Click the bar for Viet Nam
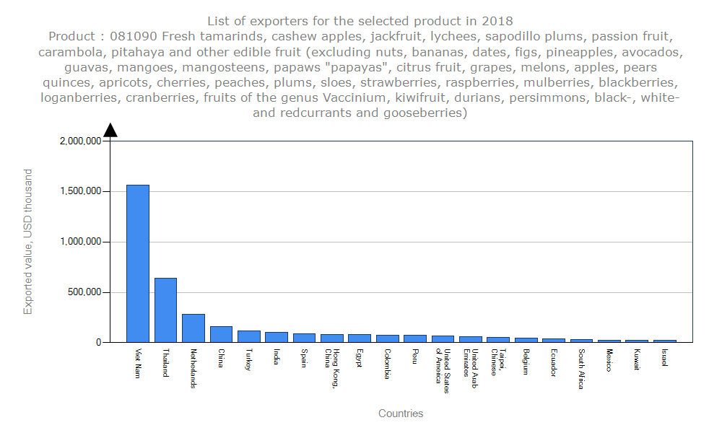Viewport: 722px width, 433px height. click(138, 263)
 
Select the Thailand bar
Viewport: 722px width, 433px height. click(165, 310)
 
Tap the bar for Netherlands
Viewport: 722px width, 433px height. click(193, 328)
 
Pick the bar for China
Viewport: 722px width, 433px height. click(221, 334)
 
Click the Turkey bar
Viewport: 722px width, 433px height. click(249, 336)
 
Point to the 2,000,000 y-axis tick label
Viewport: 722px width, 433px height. click(79, 141)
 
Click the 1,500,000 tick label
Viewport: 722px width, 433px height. click(79, 192)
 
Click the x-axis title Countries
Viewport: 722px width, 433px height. click(401, 414)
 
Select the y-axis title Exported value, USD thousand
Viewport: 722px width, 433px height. click(28, 242)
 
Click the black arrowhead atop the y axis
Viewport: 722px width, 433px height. click(110, 130)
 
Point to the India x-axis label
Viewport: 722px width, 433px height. click(277, 357)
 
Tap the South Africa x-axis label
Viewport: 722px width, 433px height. click(582, 369)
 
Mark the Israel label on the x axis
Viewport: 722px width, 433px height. click(665, 357)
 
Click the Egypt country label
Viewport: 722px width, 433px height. click(360, 359)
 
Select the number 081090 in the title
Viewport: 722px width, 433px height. click(125, 35)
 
